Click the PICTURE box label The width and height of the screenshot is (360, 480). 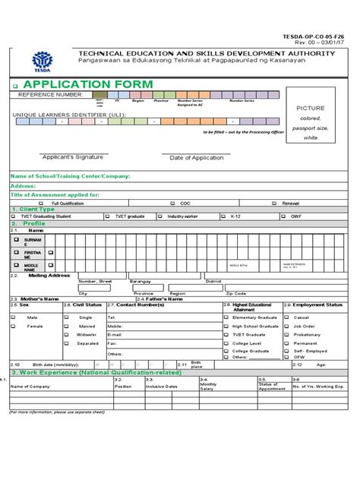tap(311, 109)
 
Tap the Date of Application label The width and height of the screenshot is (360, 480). tap(196, 157)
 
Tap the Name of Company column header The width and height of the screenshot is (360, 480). tap(30, 385)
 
